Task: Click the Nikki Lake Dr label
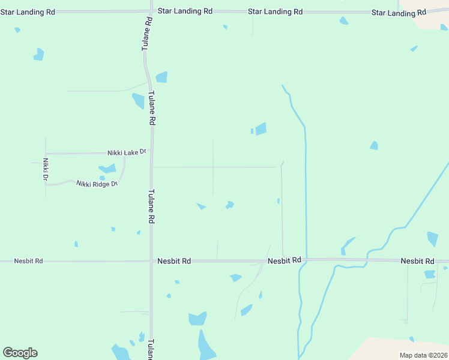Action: [x=127, y=152]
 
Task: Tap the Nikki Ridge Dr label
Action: [x=97, y=183]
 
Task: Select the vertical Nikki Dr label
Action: [x=45, y=170]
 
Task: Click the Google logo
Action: [x=20, y=353]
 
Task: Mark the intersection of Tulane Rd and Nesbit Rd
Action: [x=151, y=261]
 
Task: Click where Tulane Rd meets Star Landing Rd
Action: [x=149, y=11]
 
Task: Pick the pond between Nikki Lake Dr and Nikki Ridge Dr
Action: [x=108, y=169]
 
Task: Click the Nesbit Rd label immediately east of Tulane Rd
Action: [x=174, y=261]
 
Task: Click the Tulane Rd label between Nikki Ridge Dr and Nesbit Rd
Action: [x=151, y=207]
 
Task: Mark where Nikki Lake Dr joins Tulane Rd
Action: [x=151, y=153]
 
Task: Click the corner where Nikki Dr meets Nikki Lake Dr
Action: [x=46, y=154]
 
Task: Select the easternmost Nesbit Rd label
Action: [x=417, y=261]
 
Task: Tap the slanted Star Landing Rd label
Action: [x=399, y=12]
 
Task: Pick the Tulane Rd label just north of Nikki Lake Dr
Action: [x=152, y=108]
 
